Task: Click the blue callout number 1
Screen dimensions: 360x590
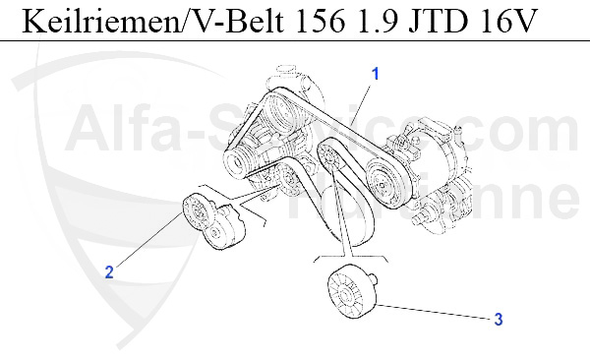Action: click(375, 73)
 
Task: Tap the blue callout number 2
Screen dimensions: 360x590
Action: click(110, 272)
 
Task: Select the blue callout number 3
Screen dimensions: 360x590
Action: click(499, 319)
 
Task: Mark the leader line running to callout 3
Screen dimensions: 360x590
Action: click(433, 310)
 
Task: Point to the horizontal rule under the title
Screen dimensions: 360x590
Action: click(295, 40)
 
